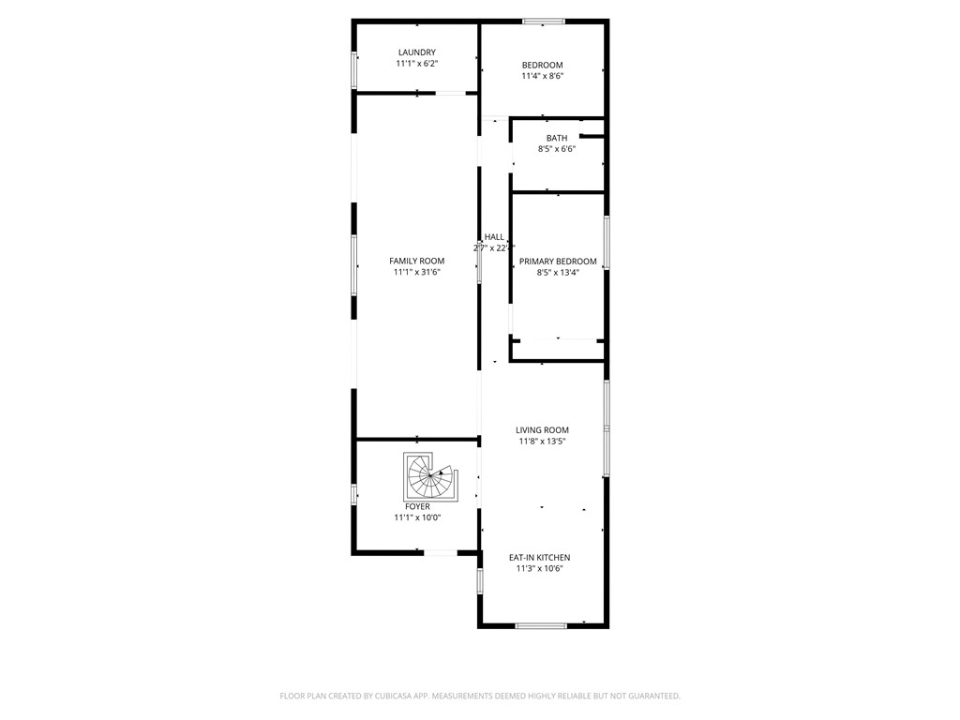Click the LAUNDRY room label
(x=416, y=52)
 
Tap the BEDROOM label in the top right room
(x=542, y=65)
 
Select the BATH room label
(x=557, y=138)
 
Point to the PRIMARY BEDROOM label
(x=558, y=262)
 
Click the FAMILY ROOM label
(x=417, y=261)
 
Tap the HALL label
(x=494, y=237)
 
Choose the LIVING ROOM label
(x=542, y=430)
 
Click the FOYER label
(x=417, y=506)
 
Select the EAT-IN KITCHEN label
(x=539, y=558)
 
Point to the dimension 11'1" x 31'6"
(x=417, y=272)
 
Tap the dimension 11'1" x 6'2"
(x=416, y=64)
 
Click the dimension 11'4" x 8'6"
(x=542, y=76)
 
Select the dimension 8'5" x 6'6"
(x=557, y=149)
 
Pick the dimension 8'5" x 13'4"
(x=558, y=273)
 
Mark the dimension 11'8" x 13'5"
(x=542, y=442)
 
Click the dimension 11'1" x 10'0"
(x=417, y=517)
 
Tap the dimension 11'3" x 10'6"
(x=539, y=569)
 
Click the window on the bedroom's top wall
(x=544, y=21)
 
